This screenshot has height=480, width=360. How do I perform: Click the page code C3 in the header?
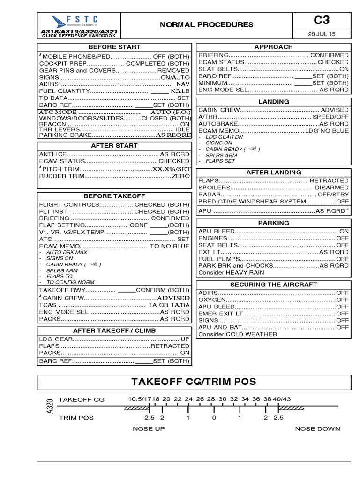[x=322, y=20]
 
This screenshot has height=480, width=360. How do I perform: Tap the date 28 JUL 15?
[x=322, y=35]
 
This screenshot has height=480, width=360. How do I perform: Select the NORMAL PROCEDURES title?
[x=206, y=25]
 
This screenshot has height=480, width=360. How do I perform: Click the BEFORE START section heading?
[x=114, y=47]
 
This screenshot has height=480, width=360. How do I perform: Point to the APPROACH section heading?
[x=273, y=47]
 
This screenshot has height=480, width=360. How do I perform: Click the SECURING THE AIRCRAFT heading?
[x=273, y=285]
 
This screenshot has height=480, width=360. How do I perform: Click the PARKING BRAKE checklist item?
[x=61, y=135]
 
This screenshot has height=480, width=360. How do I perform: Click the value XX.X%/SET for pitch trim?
[x=170, y=169]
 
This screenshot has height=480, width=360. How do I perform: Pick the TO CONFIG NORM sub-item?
[x=70, y=282]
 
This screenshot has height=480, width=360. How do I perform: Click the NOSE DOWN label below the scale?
[x=317, y=428]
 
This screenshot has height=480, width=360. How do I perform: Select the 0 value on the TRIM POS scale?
[x=214, y=417]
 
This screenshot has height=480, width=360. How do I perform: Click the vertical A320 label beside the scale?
[x=50, y=407]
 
